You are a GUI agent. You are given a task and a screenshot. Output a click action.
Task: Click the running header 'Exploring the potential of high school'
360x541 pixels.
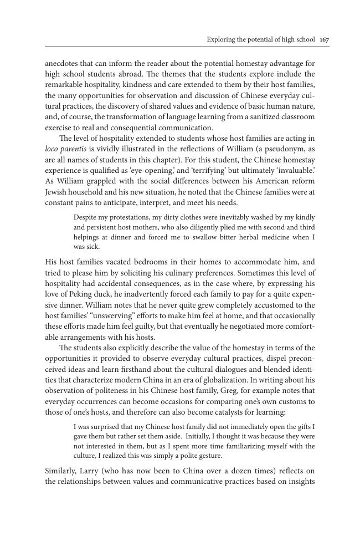coord(261,39)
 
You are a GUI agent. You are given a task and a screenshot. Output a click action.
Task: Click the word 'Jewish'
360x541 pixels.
coord(56,191)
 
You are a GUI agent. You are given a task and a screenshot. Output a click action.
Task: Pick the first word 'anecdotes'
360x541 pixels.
coord(63,63)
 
